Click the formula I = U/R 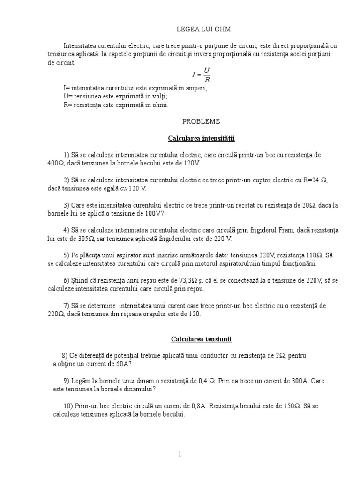(201, 75)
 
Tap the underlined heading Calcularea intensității (201, 139)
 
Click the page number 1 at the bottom (180, 454)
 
